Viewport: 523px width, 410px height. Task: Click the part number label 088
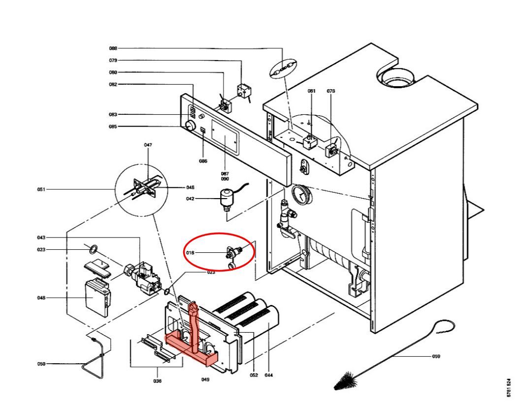[x=113, y=48]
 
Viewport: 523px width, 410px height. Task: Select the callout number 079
[x=113, y=61]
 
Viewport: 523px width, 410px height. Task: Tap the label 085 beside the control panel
[x=113, y=127]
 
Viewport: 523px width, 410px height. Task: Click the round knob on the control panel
[x=189, y=126]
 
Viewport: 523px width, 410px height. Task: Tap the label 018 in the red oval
[x=191, y=253]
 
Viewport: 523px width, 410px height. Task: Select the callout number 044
[x=268, y=376]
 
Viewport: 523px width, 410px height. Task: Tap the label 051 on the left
[x=41, y=189]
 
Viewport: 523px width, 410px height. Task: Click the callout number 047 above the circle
[x=148, y=145]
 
